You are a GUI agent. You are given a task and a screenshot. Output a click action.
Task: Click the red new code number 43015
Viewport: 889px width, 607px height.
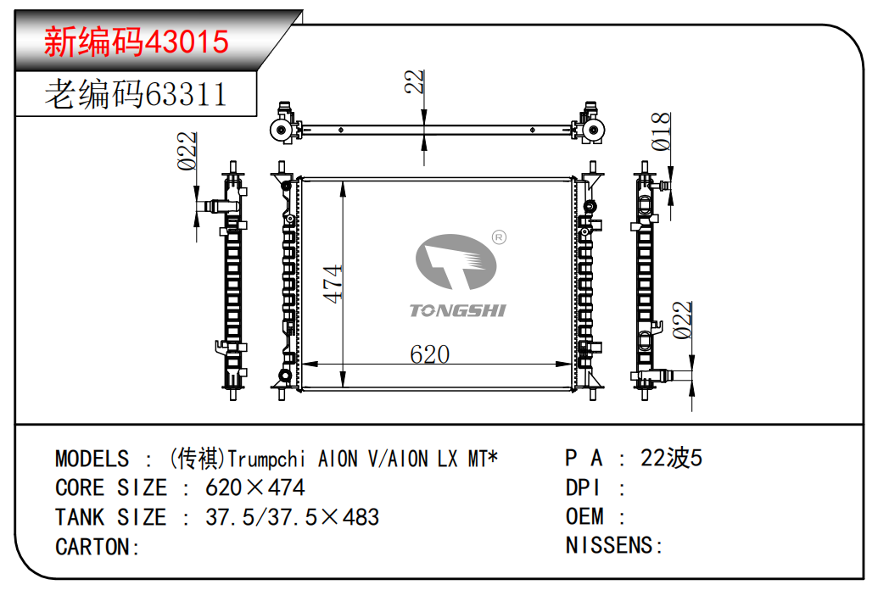187,42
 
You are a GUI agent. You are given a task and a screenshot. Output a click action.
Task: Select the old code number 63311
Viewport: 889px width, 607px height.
186,94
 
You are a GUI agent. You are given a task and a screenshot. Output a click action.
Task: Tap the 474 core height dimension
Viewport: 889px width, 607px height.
333,283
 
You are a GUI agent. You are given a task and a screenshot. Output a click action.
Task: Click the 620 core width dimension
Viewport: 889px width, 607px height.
430,354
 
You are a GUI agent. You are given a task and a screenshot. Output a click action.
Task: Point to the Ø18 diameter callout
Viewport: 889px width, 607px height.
661,131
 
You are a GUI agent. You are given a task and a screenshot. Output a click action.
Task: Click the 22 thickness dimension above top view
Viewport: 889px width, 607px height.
415,81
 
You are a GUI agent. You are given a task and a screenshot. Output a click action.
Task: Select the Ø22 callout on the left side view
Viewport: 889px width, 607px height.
187,151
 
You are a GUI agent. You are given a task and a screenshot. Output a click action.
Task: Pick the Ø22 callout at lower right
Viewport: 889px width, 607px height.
683,320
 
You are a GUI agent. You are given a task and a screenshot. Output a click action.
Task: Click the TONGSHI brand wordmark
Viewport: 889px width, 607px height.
457,310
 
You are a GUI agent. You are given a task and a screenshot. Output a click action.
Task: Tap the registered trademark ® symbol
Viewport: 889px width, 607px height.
499,237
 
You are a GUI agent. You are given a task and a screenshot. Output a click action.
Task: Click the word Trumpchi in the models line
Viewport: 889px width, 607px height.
266,459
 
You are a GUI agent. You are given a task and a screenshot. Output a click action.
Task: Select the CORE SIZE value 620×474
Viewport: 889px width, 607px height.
255,487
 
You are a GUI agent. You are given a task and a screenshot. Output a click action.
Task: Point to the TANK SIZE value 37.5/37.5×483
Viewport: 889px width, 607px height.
292,517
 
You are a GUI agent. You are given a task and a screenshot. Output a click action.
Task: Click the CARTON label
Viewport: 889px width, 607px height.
98,547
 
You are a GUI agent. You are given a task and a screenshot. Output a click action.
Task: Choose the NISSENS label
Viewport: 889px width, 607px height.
614,545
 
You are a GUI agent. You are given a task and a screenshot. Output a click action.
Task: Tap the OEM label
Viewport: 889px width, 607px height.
584,516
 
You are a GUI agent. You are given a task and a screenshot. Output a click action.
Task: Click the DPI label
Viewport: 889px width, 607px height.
584,487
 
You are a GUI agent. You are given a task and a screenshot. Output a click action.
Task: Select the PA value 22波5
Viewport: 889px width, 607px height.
671,458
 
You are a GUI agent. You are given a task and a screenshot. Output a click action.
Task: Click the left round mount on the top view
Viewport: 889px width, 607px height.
282,131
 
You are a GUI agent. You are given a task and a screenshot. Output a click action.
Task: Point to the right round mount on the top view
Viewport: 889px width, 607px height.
593,131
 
